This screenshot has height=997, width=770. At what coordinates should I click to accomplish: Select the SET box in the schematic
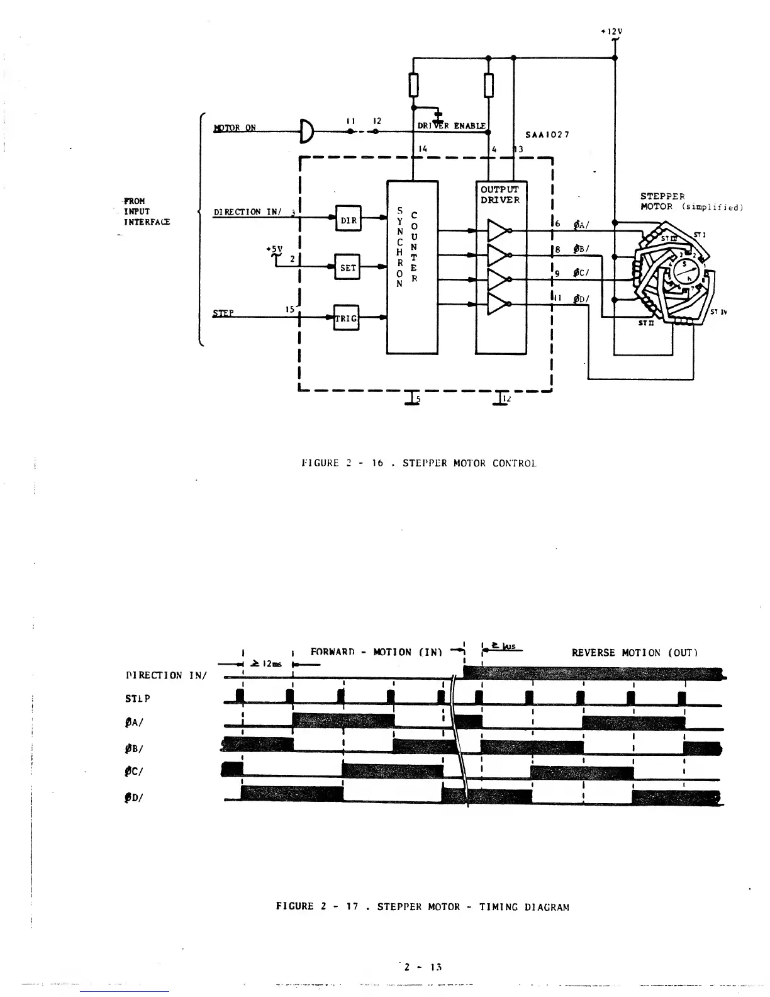click(x=347, y=268)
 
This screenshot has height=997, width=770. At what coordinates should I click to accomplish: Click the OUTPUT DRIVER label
click(x=500, y=194)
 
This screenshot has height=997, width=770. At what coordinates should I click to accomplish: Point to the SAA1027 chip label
click(x=548, y=135)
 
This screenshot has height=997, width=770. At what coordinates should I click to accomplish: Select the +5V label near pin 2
click(x=274, y=248)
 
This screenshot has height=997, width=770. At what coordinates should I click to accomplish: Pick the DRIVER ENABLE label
click(x=452, y=126)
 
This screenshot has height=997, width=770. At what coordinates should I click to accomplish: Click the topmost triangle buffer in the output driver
click(x=498, y=230)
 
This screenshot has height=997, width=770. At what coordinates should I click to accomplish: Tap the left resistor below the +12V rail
click(x=413, y=85)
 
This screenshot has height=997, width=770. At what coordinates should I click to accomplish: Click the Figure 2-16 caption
click(x=419, y=463)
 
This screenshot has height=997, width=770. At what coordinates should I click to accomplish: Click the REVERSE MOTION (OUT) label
click(x=634, y=653)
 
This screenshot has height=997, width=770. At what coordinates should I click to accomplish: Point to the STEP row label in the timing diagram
click(x=138, y=698)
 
